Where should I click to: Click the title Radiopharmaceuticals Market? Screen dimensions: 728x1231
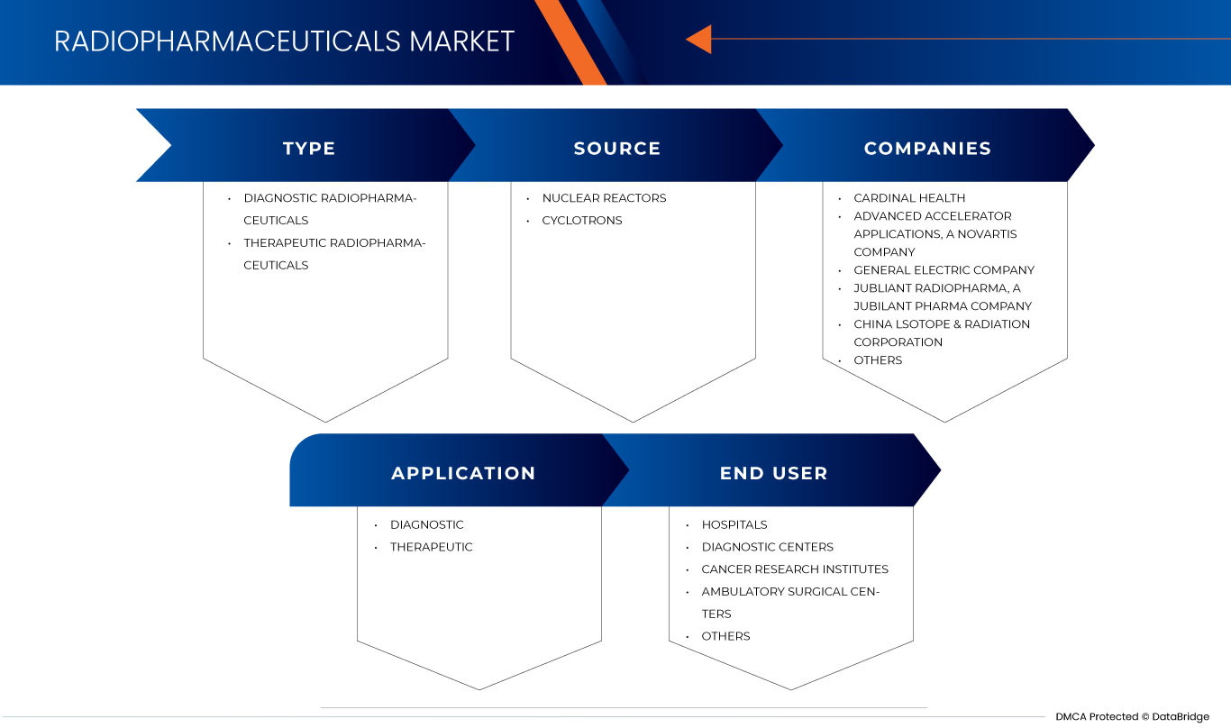[284, 41]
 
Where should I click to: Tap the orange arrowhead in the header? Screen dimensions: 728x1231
[699, 39]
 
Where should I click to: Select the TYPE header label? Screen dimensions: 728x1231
[309, 149]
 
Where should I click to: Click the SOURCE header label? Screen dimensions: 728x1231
[617, 149]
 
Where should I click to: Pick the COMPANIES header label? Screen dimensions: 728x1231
[927, 149]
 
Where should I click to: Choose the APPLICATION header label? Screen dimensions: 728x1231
[463, 473]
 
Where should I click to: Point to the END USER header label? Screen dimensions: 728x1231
[773, 473]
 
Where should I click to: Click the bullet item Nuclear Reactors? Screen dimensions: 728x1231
[604, 198]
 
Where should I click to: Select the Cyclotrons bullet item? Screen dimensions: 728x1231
[581, 221]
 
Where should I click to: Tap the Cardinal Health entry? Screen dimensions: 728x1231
[909, 198]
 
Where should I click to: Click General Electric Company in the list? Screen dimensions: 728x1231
[944, 270]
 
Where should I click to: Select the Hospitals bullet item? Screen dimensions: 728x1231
[734, 524]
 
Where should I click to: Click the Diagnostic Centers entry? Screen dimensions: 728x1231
[767, 547]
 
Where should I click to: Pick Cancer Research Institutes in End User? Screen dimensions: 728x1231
[795, 569]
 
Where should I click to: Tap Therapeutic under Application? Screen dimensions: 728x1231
[431, 547]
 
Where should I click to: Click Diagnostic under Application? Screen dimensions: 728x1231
[426, 524]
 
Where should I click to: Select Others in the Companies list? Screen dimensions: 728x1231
[878, 360]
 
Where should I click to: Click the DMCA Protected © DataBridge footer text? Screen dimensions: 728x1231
[1132, 717]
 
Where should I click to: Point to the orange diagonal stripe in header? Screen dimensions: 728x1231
[570, 41]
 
